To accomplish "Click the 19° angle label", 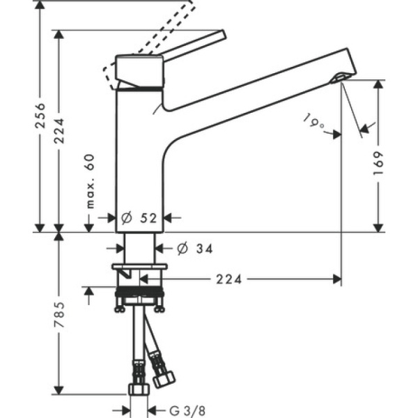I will click(x=314, y=123).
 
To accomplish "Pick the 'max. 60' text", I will click(x=89, y=181).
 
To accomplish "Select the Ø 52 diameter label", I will click(x=139, y=217).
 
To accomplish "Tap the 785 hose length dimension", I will click(x=61, y=315).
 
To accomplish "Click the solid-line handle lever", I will click(x=195, y=47).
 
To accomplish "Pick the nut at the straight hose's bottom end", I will click(x=137, y=387).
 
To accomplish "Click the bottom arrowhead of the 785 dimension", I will click(x=61, y=389).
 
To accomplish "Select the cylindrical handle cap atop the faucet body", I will click(x=139, y=70).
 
